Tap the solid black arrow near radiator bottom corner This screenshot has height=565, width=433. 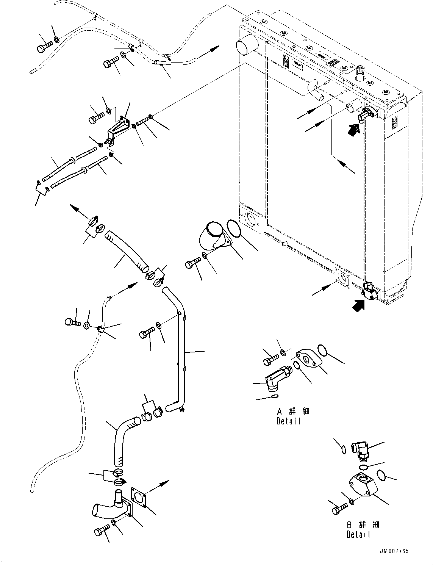359,305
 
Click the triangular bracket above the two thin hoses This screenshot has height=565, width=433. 118,129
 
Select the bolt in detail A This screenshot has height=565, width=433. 271,361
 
